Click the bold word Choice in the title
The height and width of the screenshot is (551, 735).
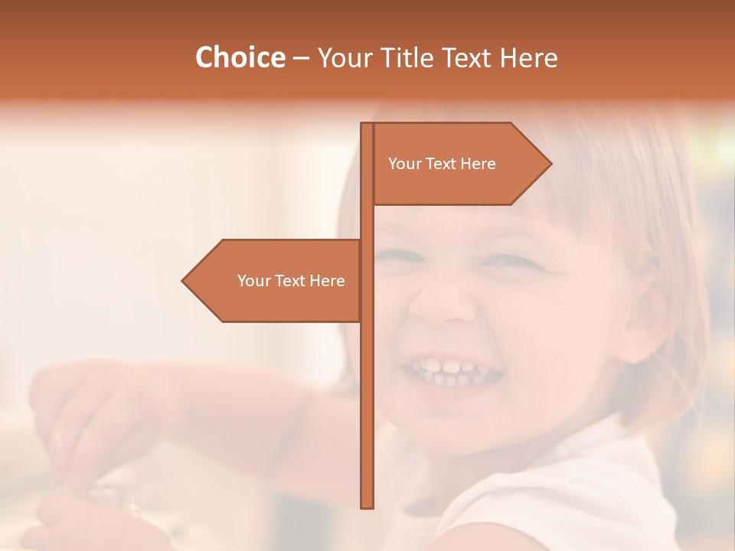pos(240,57)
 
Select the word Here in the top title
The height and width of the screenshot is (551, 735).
pos(528,57)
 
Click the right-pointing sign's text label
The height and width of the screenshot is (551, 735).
pos(442,164)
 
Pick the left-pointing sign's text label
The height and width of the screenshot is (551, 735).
pos(291,281)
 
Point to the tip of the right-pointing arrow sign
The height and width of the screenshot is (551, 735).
pos(550,163)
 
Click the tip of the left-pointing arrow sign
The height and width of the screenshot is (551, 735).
pos(184,281)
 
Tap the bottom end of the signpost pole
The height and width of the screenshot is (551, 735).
pos(367,505)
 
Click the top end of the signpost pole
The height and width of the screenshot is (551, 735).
pos(367,125)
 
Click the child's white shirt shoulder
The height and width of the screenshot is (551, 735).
pos(582,497)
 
